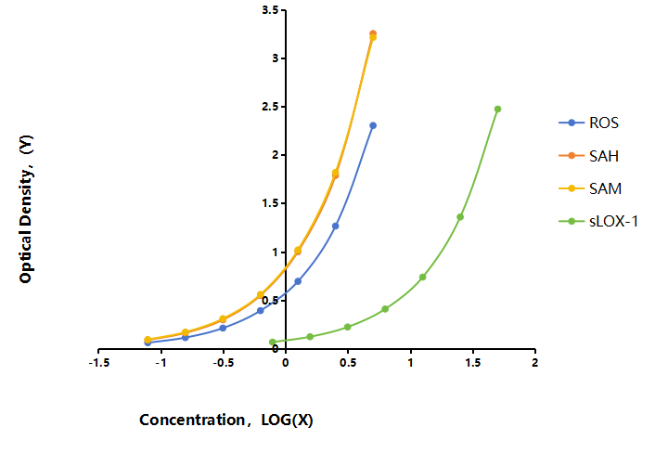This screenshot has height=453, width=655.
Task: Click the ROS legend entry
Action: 589,123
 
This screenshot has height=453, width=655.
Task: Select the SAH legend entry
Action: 589,156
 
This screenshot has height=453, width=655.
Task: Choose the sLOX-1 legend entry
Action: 598,221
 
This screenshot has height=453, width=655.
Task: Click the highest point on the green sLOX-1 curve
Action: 497,109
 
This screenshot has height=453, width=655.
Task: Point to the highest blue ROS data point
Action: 373,125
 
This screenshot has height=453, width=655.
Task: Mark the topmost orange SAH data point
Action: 373,33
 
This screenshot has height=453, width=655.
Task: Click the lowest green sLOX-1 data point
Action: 273,342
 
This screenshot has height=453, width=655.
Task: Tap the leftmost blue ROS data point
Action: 148,343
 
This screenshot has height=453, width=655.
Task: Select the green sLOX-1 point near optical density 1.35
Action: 460,217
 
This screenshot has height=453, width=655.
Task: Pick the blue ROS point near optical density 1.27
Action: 336,226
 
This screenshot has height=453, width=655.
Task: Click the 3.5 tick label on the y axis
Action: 270,10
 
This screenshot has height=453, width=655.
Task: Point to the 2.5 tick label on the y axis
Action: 270,107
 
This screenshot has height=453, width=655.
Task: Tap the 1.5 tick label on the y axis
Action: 270,203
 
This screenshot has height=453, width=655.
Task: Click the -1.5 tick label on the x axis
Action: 99,362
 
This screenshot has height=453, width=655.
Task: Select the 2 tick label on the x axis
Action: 535,362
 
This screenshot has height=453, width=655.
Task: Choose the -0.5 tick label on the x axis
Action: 224,362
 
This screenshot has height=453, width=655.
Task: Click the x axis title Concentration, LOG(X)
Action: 226,420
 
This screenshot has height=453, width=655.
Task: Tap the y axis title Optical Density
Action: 26,209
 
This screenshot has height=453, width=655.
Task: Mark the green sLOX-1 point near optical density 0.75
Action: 422,277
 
